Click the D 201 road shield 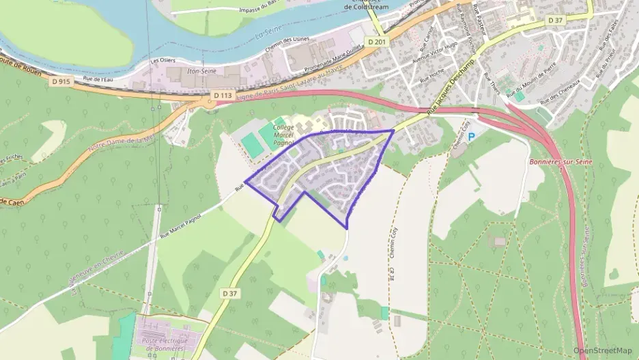point(375,42)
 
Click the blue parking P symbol point(471,137)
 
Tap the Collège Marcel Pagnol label point(283,135)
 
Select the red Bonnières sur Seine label point(560,161)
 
